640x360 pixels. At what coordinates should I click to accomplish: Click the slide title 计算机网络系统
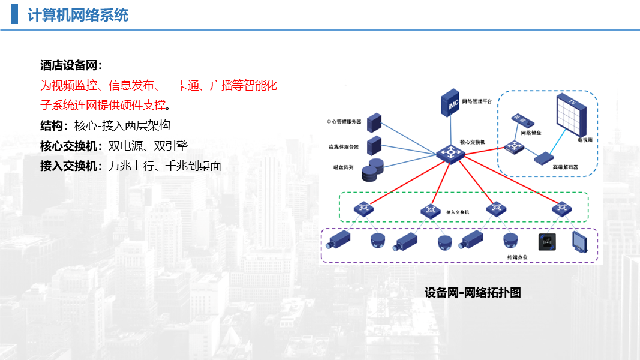click(78, 16)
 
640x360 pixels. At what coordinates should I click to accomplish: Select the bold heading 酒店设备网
click(71, 65)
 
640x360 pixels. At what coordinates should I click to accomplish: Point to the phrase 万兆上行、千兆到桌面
click(165, 166)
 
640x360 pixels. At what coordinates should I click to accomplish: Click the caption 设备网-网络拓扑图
click(473, 293)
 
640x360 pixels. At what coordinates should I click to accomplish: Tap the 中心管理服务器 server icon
click(374, 122)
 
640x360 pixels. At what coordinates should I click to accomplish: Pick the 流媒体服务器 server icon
click(374, 145)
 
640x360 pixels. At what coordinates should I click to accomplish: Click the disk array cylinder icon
click(372, 170)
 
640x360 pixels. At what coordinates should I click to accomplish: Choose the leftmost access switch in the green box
click(363, 209)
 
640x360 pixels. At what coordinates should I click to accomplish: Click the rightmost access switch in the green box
click(561, 208)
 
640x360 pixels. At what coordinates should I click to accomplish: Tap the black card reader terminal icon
click(548, 242)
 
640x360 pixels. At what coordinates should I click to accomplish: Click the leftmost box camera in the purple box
click(338, 240)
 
